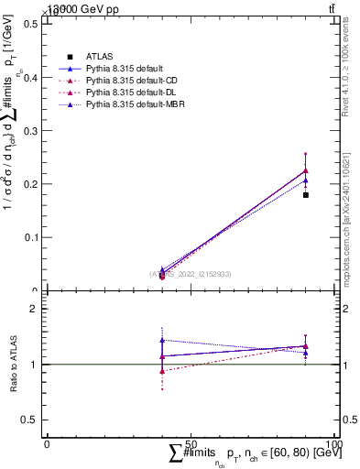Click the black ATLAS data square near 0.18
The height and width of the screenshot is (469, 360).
point(306,195)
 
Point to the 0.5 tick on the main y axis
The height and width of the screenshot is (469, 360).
point(31,24)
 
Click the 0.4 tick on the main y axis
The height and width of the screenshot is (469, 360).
point(31,77)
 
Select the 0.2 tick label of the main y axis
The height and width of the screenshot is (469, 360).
point(31,184)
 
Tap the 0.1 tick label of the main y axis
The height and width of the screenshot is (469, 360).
point(31,237)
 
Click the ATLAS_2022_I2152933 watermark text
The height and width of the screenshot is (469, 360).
point(191,273)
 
